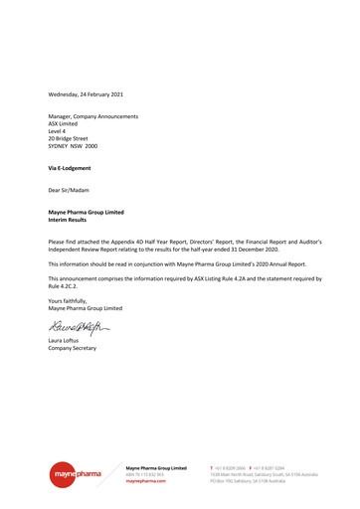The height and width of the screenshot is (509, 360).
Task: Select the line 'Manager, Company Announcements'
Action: [93, 116]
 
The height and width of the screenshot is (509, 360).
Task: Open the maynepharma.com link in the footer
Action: [146, 480]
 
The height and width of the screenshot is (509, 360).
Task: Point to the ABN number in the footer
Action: [146, 473]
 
